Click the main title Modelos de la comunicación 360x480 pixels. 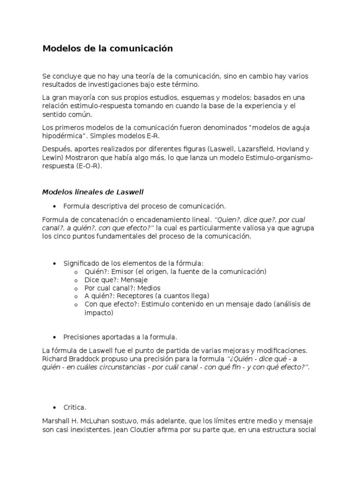point(107,48)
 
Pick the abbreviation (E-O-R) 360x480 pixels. point(87,166)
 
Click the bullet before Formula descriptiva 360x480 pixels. point(55,206)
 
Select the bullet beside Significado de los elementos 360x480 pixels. point(55,264)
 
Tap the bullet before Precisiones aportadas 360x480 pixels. point(55,337)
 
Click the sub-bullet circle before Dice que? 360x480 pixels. point(76,280)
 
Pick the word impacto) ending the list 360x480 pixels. point(99,312)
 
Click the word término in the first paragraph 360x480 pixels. point(173,84)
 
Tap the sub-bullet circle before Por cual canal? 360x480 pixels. point(76,288)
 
